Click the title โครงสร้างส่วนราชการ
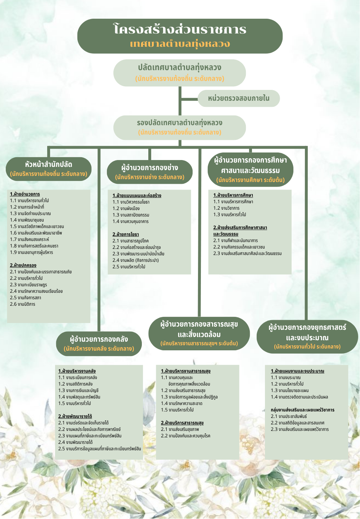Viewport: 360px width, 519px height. (180, 29)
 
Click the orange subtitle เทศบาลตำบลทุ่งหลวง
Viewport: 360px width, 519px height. (180, 44)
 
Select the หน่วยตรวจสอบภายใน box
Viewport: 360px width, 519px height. (239, 98)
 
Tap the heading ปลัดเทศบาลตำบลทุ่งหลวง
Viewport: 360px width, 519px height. (180, 68)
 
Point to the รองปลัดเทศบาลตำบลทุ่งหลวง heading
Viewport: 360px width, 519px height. (180, 123)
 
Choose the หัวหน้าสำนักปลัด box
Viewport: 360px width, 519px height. (49, 169)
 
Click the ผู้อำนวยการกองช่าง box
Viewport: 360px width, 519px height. (149, 172)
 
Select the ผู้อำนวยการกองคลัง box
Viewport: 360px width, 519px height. (99, 343)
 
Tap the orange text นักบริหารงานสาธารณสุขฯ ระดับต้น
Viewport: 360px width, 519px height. (199, 343)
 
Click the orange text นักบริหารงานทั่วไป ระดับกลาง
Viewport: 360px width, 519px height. (307, 347)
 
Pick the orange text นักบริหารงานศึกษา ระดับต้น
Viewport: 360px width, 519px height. (251, 180)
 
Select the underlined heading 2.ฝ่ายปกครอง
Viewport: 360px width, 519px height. (23, 265)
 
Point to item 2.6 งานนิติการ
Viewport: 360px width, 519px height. (23, 304)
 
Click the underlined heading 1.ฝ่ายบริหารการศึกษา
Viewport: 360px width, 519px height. (233, 195)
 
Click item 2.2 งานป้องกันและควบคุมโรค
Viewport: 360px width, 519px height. (185, 436)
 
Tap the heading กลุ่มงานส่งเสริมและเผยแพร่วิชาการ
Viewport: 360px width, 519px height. (302, 410)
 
